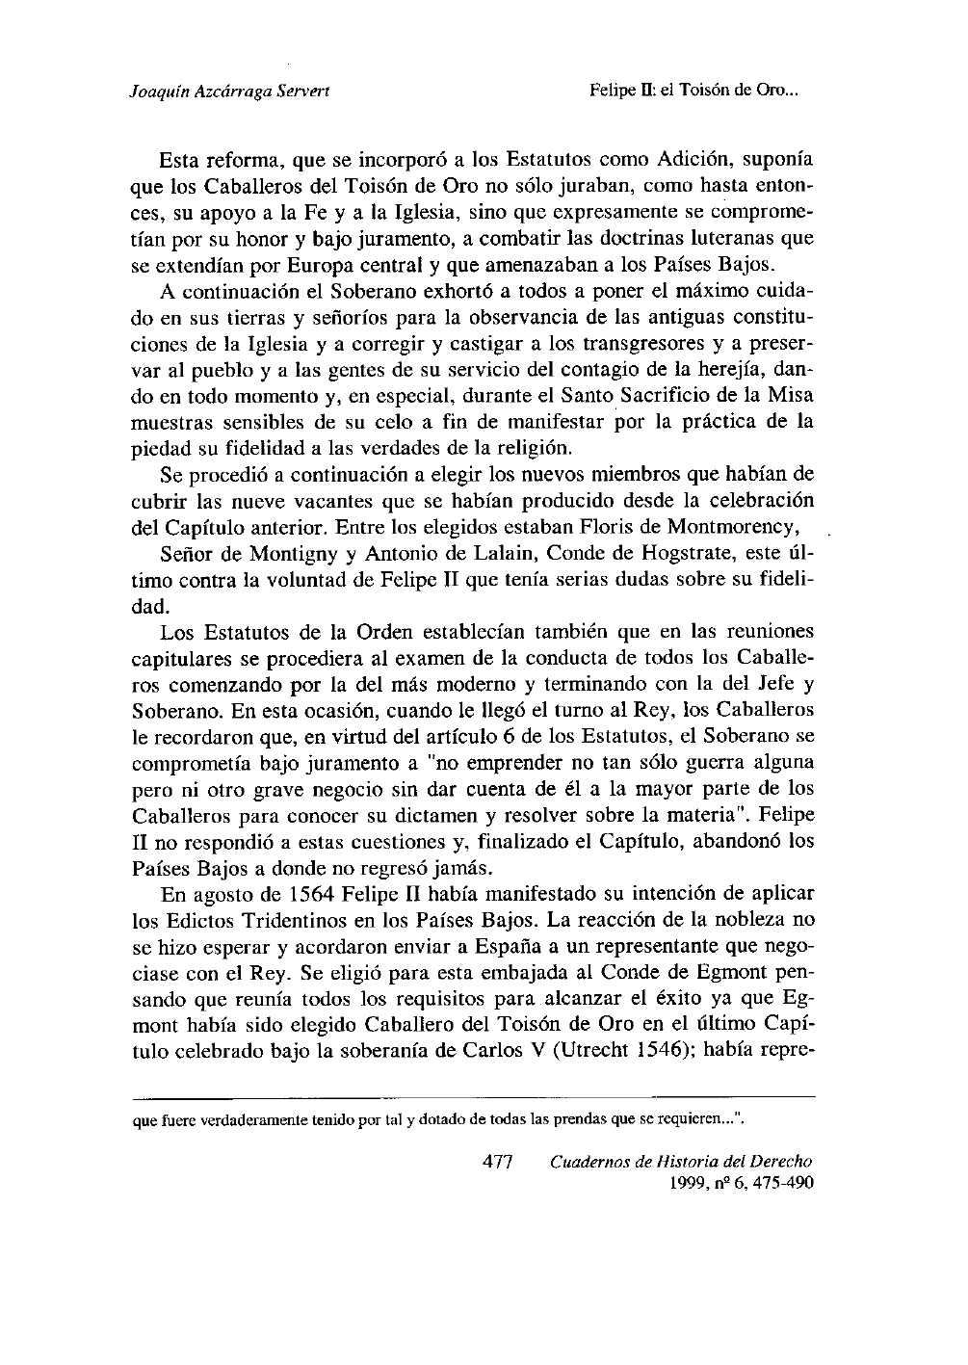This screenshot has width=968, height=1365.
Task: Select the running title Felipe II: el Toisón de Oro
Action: click(x=694, y=92)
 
